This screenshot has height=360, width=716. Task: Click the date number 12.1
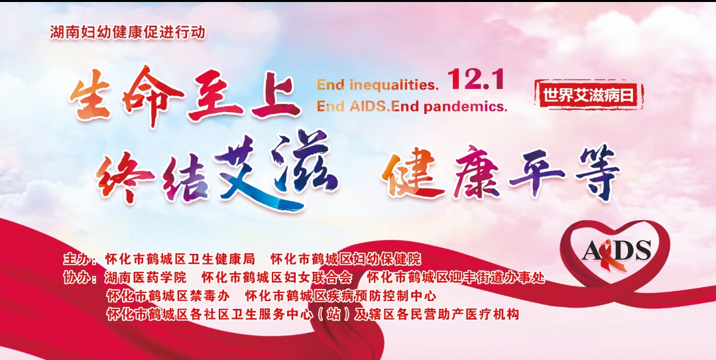pos(476,79)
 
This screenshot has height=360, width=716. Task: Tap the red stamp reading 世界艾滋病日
pos(589,95)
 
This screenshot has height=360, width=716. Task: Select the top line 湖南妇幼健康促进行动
pos(128,32)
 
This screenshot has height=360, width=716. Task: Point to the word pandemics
pos(465,107)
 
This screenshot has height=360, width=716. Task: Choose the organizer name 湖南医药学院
pos(146,277)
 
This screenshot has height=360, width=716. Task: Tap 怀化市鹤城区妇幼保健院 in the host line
pos(345,259)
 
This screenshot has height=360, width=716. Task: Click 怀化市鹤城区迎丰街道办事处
pos(456,277)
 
